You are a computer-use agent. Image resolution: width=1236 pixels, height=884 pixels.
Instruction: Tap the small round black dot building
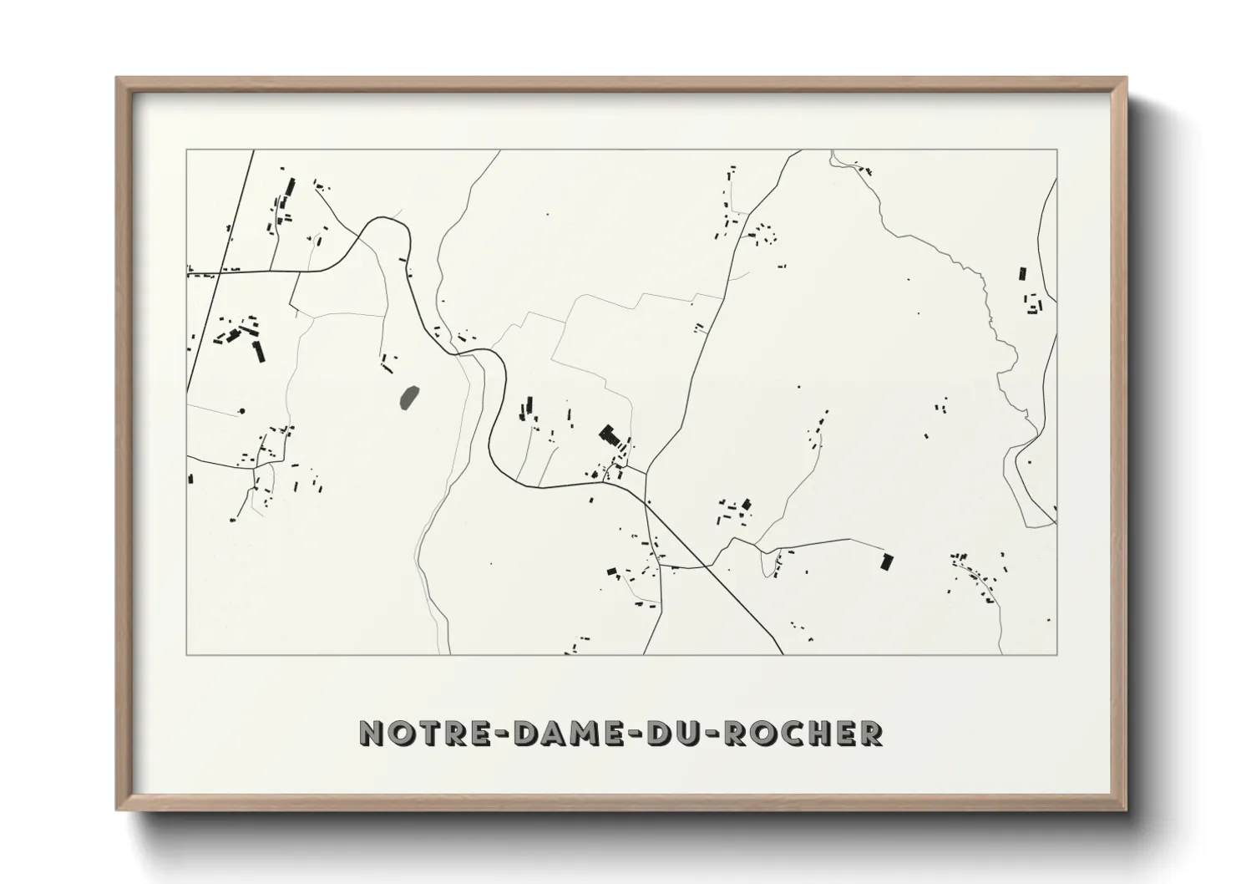pyautogui.click(x=242, y=411)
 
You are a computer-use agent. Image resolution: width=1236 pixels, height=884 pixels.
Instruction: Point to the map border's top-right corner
pyautogui.click(x=1056, y=150)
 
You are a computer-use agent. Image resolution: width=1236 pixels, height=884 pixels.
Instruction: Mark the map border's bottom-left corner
pyautogui.click(x=187, y=654)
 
